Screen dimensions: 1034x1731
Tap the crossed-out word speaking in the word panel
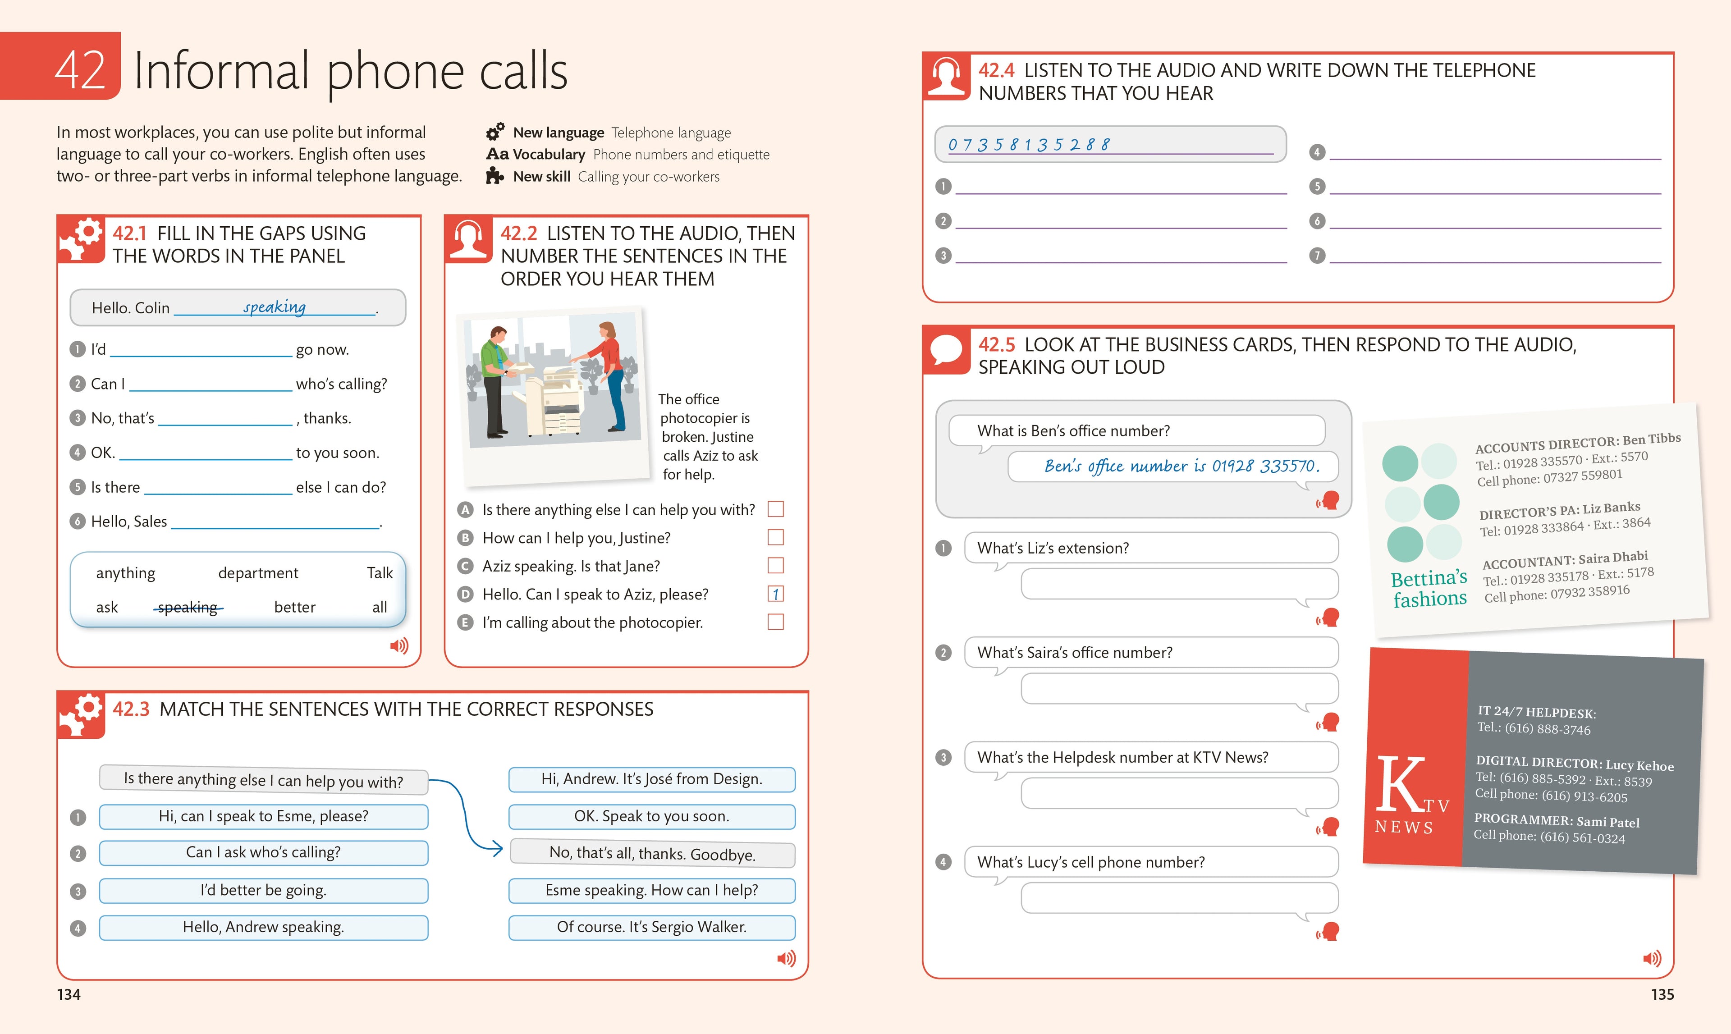tap(188, 608)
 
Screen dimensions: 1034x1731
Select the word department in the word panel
tap(258, 573)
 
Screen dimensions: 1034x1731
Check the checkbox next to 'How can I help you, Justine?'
tap(775, 537)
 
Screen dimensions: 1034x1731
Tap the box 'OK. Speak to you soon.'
tap(651, 816)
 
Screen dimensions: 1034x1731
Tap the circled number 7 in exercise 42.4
tap(1316, 256)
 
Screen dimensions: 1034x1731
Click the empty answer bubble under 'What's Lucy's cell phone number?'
tap(1179, 898)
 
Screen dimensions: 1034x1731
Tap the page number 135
tap(1662, 994)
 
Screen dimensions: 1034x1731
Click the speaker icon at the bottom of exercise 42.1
tap(398, 646)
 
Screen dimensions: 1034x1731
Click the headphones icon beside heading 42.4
tap(946, 75)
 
